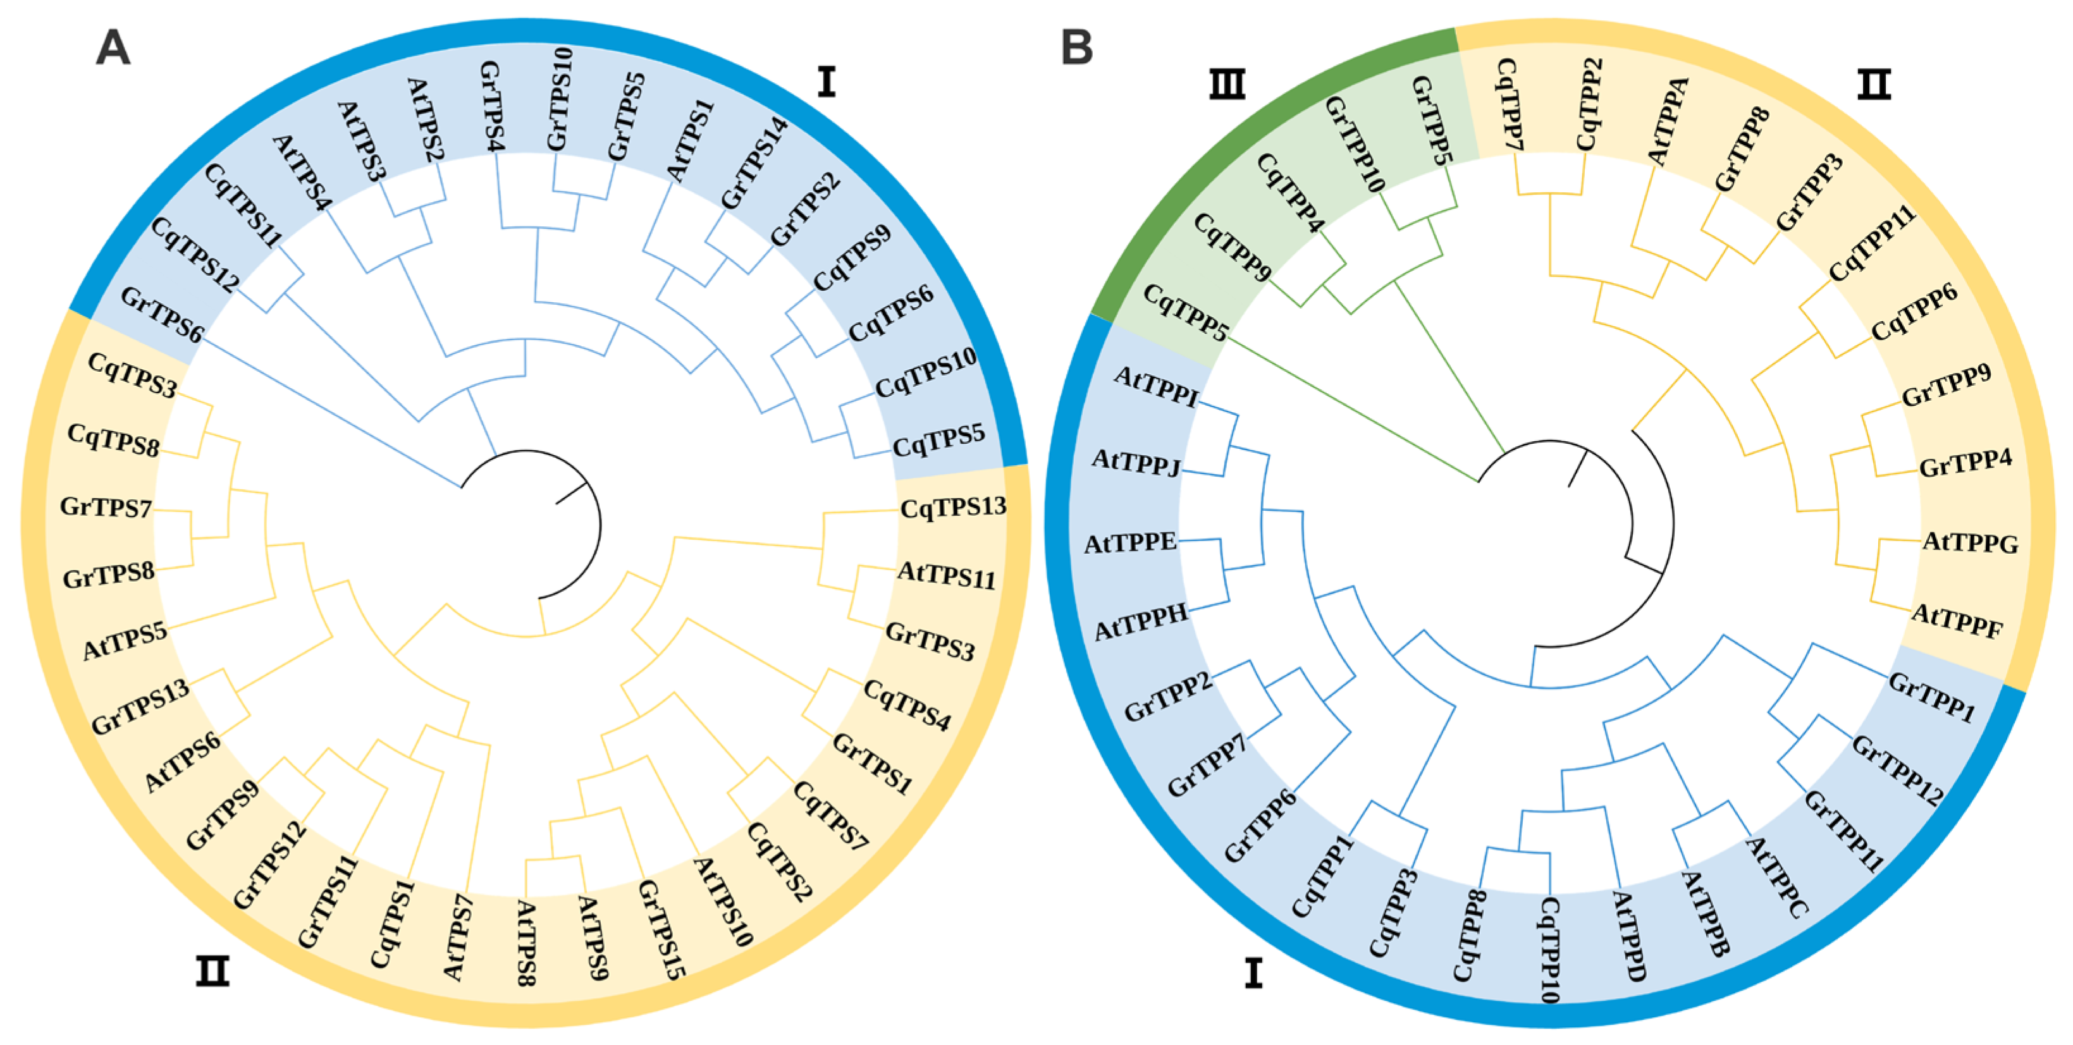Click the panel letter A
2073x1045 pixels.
(113, 48)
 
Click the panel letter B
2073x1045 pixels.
(1077, 47)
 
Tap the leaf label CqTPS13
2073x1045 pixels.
(953, 508)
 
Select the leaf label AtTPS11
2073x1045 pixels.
(946, 576)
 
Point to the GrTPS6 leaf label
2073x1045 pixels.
(162, 314)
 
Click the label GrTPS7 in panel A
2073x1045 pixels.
(106, 508)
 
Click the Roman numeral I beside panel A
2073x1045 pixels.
(827, 82)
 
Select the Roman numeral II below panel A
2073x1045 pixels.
(212, 972)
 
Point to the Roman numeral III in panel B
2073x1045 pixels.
(1227, 83)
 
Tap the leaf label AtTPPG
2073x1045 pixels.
(1970, 543)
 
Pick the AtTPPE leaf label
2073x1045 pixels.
(1130, 544)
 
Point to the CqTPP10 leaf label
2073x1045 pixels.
(1550, 950)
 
